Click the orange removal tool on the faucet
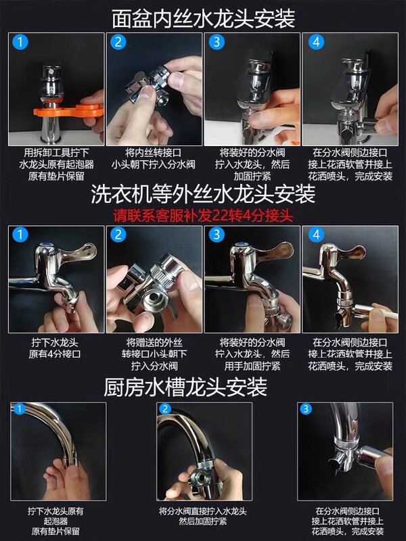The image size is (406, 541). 69,111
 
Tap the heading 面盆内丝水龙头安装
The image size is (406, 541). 204,18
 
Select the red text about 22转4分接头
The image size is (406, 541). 203,216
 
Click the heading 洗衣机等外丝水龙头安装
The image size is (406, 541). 203,194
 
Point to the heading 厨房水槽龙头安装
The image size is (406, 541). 185,387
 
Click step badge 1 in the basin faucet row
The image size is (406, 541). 20,42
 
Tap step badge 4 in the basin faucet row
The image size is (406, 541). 316,42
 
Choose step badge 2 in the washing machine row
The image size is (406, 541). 118,235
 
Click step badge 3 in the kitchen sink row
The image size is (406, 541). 306,409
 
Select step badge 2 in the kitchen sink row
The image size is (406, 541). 165,409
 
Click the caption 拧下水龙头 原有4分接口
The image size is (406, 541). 55,348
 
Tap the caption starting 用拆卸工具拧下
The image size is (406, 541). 56,164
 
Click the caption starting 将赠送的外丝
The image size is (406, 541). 154,354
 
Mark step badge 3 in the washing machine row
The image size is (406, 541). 217,235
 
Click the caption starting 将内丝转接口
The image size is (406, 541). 154,158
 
